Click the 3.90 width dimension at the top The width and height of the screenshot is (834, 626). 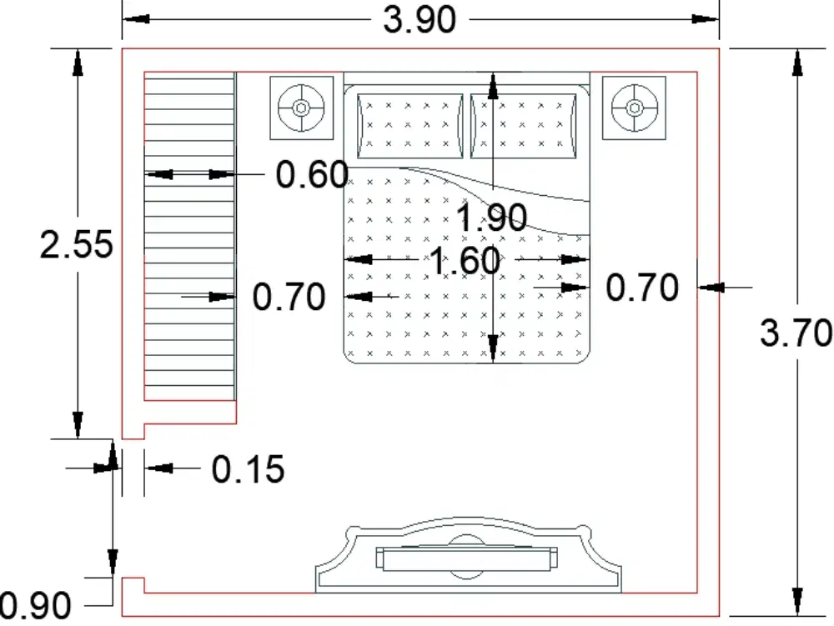tap(420, 20)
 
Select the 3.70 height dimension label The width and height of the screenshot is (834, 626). tap(796, 333)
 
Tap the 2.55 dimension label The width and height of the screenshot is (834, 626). tap(77, 245)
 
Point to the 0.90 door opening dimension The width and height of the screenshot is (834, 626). tap(36, 605)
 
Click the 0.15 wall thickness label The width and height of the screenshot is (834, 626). tap(248, 469)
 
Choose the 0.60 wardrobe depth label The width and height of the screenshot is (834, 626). tap(312, 174)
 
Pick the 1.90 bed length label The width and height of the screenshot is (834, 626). tap(491, 218)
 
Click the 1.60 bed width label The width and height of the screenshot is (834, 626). tap(465, 261)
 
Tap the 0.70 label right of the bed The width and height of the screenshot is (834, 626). tap(642, 288)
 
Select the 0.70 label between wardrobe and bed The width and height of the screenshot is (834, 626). tap(289, 297)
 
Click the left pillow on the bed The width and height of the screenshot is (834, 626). tap(410, 126)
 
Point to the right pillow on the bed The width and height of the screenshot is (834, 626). tap(524, 126)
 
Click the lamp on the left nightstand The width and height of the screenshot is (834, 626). tap(302, 108)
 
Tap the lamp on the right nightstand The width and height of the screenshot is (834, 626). tap(634, 108)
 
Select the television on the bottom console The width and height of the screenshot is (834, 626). tap(467, 558)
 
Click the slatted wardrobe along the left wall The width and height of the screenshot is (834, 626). tap(190, 236)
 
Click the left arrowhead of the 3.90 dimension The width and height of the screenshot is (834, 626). tap(136, 19)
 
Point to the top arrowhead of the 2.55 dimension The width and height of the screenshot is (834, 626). tap(78, 63)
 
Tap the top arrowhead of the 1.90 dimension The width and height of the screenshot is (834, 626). tap(493, 87)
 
